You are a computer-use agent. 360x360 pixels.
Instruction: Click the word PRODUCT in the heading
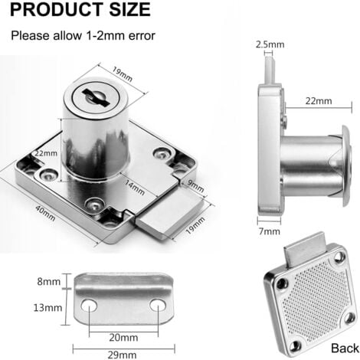(x=56, y=9)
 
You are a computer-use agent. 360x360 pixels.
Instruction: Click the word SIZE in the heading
(x=129, y=9)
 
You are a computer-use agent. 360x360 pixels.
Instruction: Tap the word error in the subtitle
(x=142, y=35)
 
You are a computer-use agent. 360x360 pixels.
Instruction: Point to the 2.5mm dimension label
(x=270, y=44)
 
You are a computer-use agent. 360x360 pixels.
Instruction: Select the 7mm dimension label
(x=270, y=231)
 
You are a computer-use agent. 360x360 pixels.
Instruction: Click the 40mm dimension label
(x=45, y=213)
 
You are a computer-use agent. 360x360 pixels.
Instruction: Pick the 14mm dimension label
(x=135, y=187)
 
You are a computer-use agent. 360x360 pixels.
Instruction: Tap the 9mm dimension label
(x=196, y=186)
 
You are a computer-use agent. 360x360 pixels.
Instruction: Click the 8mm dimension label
(x=49, y=282)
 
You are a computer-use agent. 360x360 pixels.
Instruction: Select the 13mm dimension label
(x=47, y=308)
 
